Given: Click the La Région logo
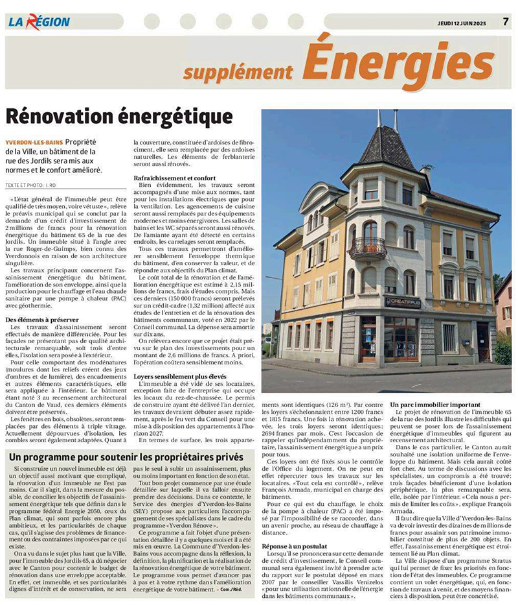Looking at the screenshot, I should (x=39, y=21).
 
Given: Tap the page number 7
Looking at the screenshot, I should (x=505, y=21).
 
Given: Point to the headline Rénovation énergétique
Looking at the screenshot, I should (x=119, y=117).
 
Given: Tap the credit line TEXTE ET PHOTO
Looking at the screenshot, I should (x=30, y=185).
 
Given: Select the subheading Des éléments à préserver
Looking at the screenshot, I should (x=42, y=320).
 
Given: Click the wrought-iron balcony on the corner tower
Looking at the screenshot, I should (x=368, y=248).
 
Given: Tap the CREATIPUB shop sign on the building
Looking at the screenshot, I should (x=402, y=302).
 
